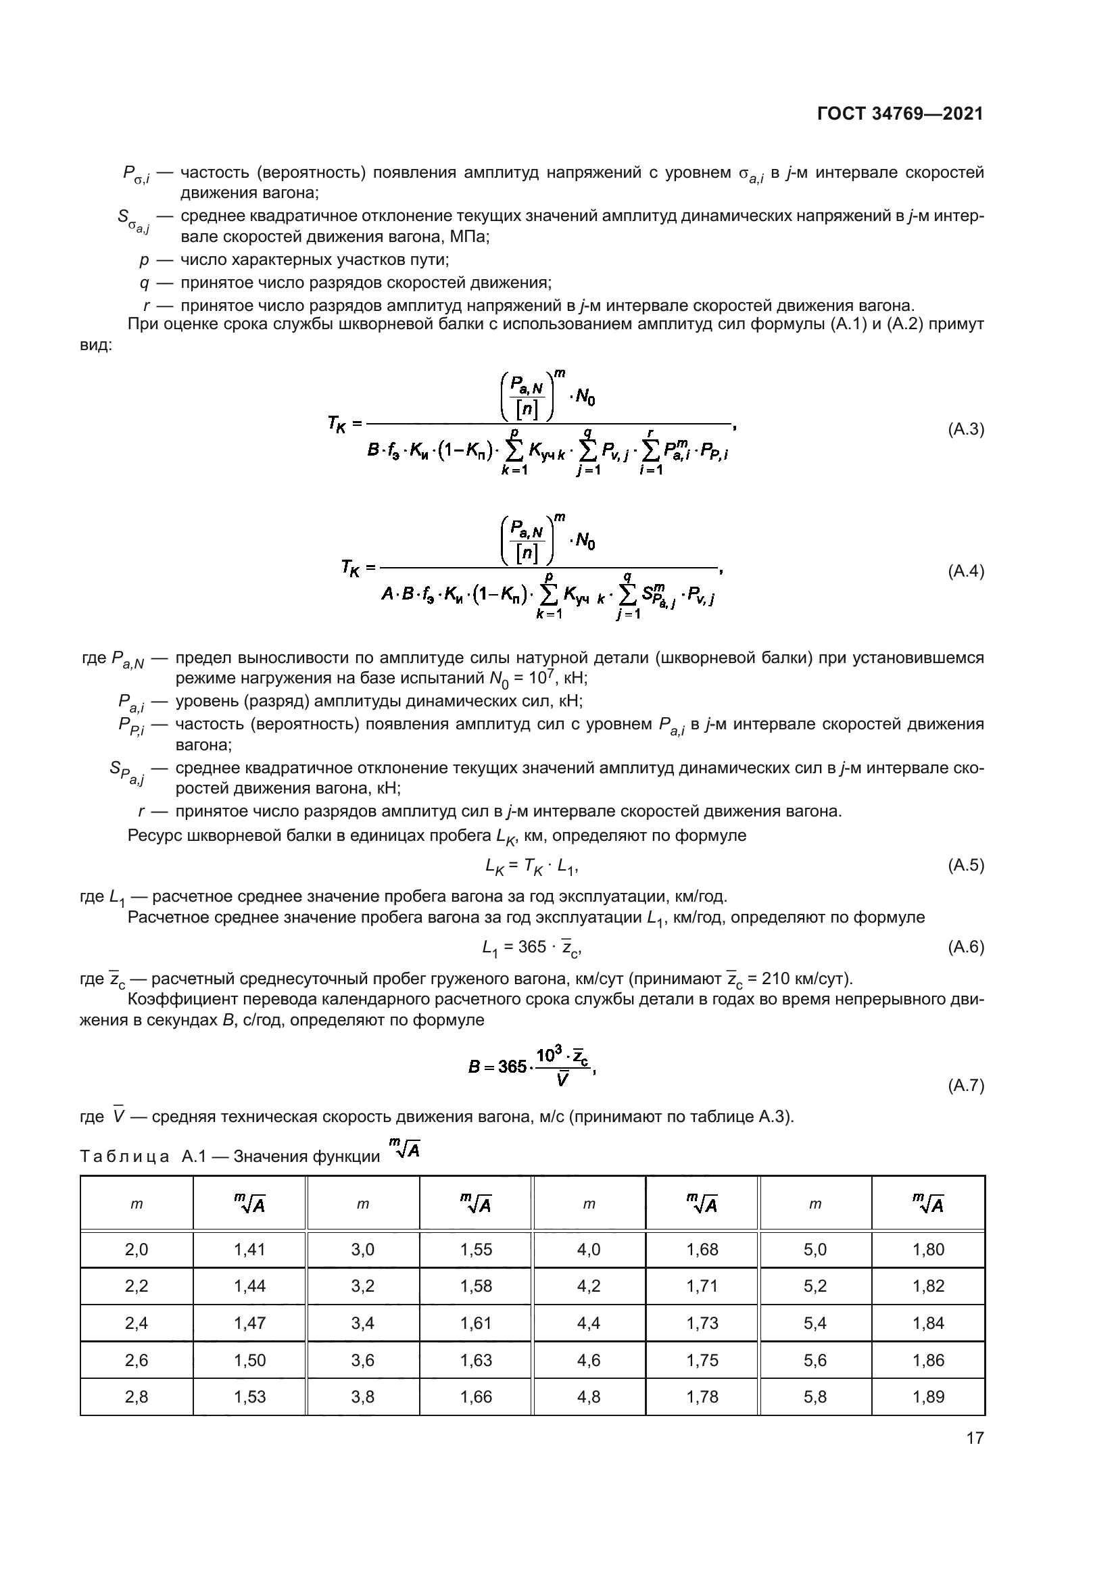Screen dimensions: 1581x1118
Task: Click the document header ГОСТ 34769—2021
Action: click(x=900, y=114)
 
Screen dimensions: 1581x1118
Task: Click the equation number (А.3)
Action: click(x=966, y=430)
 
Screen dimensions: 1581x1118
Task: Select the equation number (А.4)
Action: click(x=966, y=571)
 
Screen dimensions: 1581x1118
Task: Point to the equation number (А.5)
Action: click(x=966, y=866)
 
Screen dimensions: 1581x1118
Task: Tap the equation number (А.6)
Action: click(x=966, y=947)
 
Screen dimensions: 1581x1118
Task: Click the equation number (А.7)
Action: click(x=966, y=1086)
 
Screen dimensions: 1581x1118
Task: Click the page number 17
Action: click(x=975, y=1438)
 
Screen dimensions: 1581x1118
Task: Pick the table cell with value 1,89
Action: click(x=928, y=1396)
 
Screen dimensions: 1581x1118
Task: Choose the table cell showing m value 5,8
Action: click(x=815, y=1396)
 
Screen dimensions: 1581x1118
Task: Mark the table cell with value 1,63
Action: click(x=476, y=1360)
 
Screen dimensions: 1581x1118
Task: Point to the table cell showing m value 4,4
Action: click(x=589, y=1323)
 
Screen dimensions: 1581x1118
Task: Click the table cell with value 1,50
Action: click(x=249, y=1360)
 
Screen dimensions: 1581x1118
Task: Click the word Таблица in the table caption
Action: click(x=124, y=1157)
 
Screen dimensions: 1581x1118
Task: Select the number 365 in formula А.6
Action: click(x=531, y=947)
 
